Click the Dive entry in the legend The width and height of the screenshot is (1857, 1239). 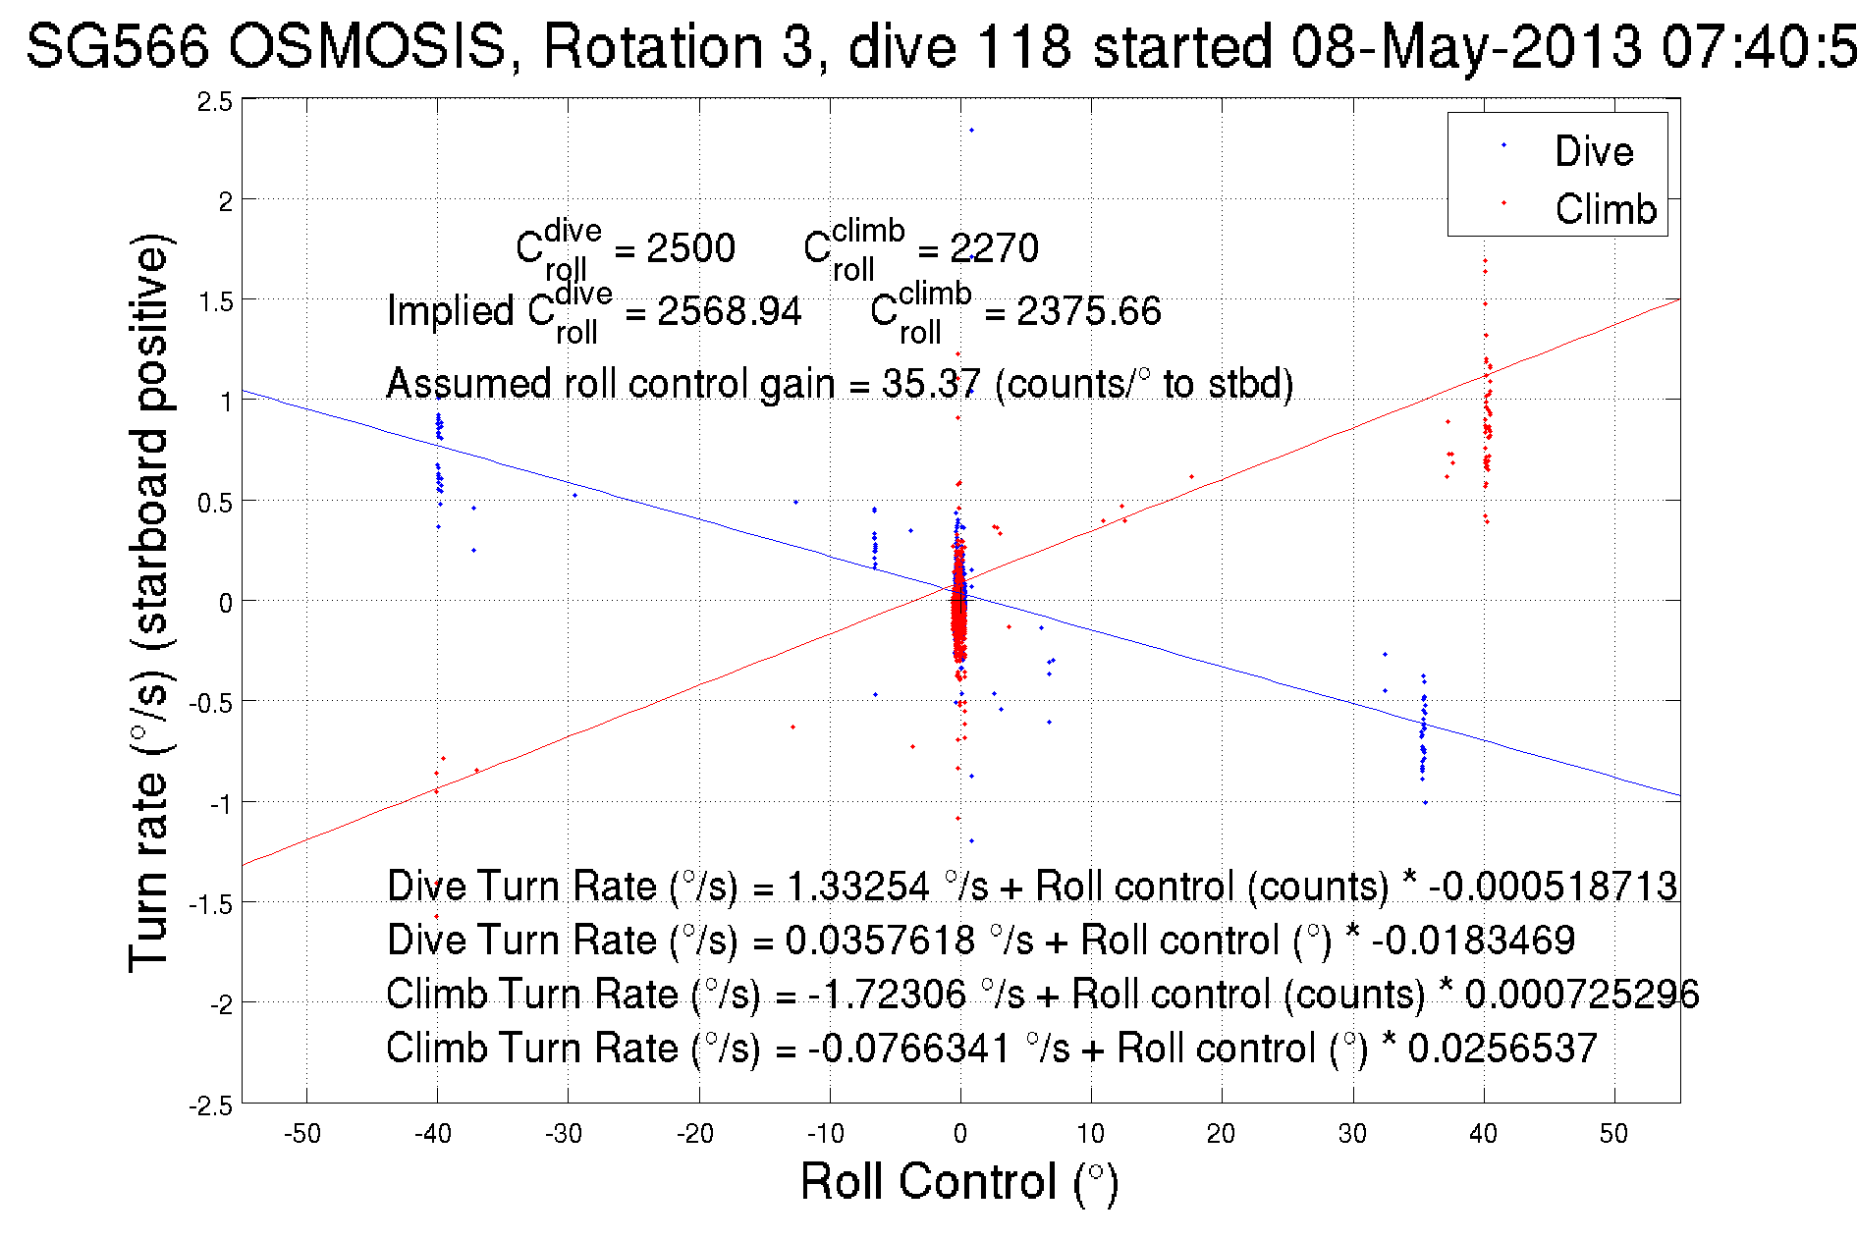[x=1593, y=151]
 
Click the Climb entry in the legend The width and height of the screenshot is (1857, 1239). [x=1605, y=209]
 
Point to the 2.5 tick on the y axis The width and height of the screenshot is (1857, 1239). [x=215, y=101]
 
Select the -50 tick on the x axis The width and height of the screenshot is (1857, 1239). [x=302, y=1134]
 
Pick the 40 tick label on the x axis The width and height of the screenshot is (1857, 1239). [x=1482, y=1134]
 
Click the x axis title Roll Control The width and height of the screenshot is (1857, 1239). [x=958, y=1181]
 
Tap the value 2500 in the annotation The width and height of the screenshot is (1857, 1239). [x=690, y=248]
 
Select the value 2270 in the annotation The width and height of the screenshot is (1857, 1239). [x=994, y=248]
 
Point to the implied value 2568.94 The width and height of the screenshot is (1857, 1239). [x=729, y=311]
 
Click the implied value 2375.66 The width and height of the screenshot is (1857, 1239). [x=1088, y=311]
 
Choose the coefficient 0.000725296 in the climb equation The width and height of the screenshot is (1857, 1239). [x=1581, y=994]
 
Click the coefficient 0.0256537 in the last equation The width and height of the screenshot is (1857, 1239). [x=1502, y=1048]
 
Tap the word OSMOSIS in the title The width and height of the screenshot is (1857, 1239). [x=369, y=46]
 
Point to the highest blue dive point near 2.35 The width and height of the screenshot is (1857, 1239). [x=971, y=130]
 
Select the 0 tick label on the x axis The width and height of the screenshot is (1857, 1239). [x=959, y=1134]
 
